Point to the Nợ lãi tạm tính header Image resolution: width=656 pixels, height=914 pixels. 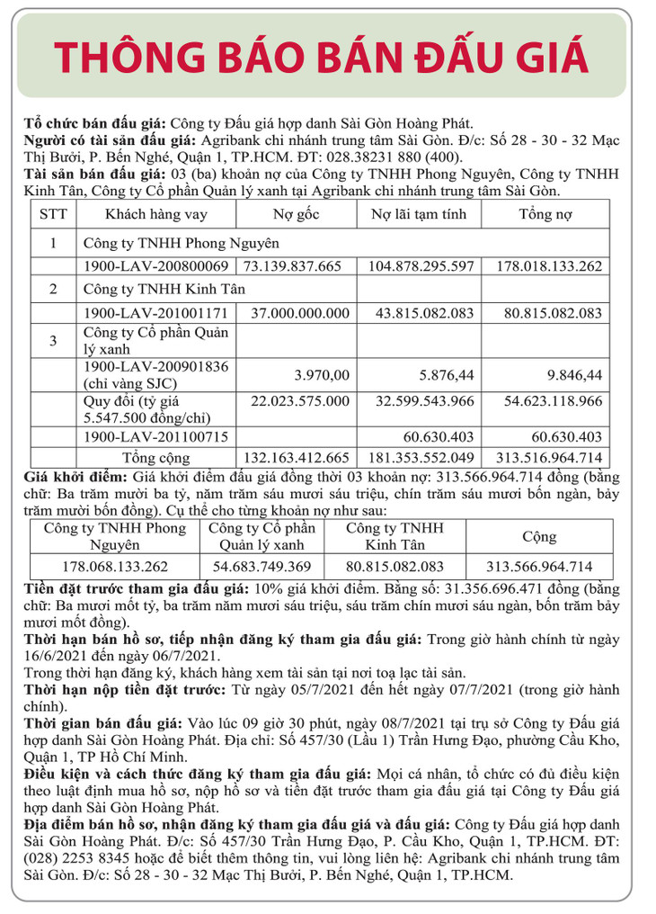423,215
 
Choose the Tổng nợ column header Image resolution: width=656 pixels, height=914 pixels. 546,215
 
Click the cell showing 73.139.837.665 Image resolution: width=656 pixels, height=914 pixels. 293,266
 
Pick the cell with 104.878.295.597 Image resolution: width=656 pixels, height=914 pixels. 421,266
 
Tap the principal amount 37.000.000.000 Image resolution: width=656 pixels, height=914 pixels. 299,314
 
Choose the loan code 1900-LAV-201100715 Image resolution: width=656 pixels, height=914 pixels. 155,436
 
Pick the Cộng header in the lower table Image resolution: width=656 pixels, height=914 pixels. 539,536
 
